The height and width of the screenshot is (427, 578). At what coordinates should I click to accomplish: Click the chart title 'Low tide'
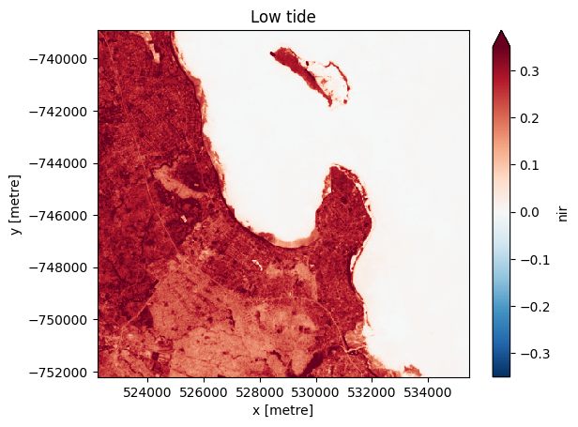pyautogui.click(x=282, y=18)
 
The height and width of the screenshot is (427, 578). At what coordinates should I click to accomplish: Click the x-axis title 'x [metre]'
pyautogui.click(x=282, y=410)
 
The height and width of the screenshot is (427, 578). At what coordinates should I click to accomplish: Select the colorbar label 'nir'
pyautogui.click(x=562, y=213)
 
